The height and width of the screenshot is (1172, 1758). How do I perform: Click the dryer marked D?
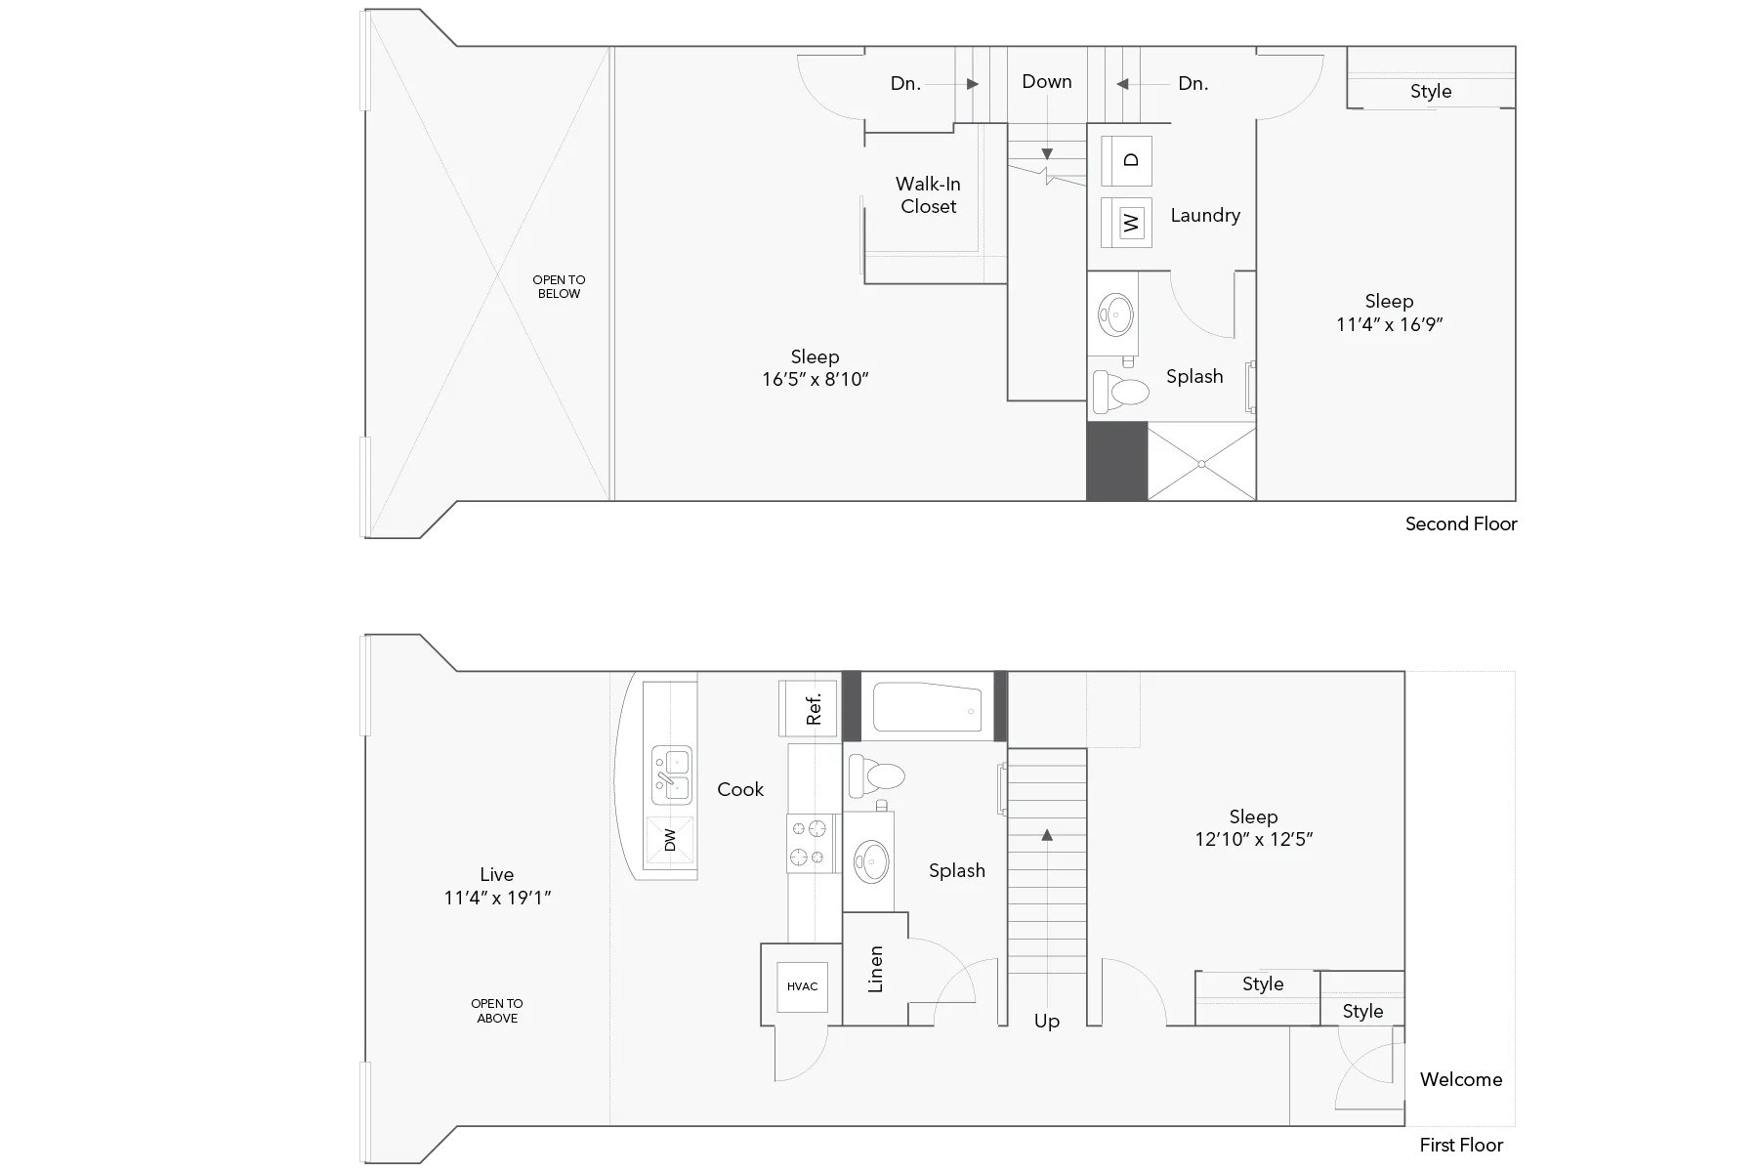tap(1126, 160)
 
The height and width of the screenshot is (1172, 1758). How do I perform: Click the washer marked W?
tap(1126, 222)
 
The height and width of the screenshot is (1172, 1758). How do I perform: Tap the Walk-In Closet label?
tap(928, 195)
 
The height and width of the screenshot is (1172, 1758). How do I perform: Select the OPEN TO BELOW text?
tap(559, 286)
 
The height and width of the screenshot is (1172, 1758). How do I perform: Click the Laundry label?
tap(1205, 215)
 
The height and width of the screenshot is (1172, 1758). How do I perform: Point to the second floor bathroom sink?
tap(1114, 314)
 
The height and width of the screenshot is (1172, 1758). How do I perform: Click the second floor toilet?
tap(1121, 392)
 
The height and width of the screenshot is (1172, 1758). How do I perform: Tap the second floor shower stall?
tap(1201, 461)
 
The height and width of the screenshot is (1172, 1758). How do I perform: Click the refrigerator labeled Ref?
tap(808, 708)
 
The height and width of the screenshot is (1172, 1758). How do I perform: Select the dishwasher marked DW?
tap(670, 840)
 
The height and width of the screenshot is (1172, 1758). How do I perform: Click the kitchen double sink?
tap(671, 775)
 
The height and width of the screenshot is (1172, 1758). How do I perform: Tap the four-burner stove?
tap(812, 844)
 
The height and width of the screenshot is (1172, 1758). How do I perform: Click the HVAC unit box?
tap(802, 986)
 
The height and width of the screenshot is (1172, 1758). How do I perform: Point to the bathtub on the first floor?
tap(927, 707)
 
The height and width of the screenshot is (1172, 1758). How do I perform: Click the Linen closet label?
tap(875, 969)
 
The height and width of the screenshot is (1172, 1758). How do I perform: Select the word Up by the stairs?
tap(1047, 1022)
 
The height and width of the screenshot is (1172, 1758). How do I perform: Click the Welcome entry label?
tap(1461, 1079)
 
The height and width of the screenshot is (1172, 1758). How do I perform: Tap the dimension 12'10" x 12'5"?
tap(1254, 839)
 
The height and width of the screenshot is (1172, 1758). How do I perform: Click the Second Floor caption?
tap(1461, 523)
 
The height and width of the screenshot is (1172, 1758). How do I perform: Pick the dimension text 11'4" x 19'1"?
tap(497, 898)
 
